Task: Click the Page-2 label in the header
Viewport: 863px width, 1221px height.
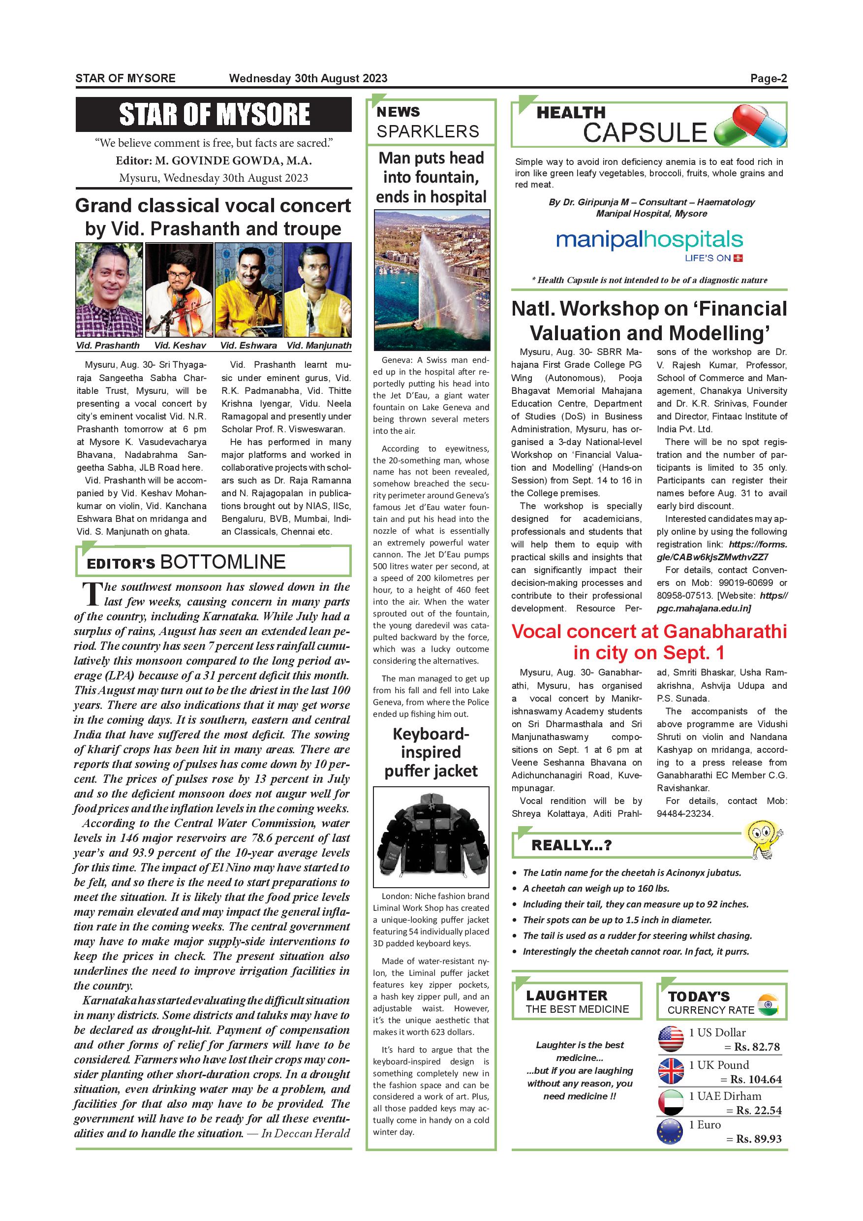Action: point(768,79)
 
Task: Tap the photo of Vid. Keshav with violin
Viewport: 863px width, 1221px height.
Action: point(180,290)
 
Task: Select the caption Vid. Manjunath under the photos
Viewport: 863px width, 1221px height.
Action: point(319,346)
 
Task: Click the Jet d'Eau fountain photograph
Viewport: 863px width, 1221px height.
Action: point(431,279)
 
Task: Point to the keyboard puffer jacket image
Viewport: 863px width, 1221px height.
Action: point(431,836)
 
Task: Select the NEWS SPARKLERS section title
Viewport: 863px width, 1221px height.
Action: point(428,122)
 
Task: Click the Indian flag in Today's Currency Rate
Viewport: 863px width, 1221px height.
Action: point(767,1005)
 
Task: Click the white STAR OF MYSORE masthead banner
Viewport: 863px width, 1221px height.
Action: point(214,114)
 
